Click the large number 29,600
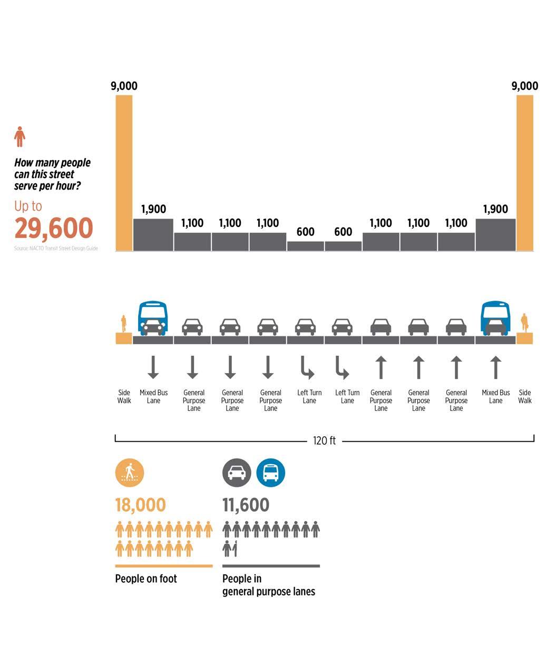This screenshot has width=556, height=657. click(53, 228)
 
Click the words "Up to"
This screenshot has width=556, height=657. click(28, 206)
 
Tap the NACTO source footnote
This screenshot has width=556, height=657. click(56, 248)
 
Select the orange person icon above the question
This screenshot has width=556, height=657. click(19, 136)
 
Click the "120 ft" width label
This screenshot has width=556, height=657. click(324, 441)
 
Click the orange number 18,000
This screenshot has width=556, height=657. click(140, 505)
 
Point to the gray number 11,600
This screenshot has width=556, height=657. click(246, 505)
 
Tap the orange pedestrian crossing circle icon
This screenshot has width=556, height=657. click(129, 472)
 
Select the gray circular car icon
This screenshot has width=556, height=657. click(237, 472)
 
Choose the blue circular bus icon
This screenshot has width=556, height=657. click(270, 472)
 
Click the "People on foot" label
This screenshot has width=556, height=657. click(146, 579)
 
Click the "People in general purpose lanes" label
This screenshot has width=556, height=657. click(268, 585)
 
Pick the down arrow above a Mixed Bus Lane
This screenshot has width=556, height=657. click(153, 367)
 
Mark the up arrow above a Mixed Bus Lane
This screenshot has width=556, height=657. click(495, 367)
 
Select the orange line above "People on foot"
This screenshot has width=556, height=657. click(164, 566)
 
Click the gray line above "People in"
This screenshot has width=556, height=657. click(271, 566)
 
